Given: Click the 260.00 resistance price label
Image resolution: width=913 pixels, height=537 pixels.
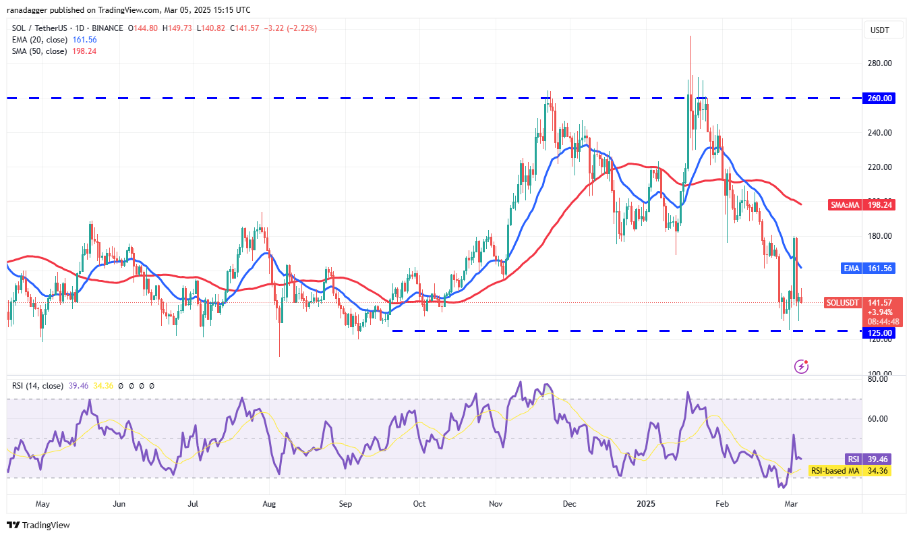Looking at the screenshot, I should (x=880, y=98).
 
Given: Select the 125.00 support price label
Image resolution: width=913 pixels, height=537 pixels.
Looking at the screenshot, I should (x=880, y=333).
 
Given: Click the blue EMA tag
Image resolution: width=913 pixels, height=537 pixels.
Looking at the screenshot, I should (x=851, y=268).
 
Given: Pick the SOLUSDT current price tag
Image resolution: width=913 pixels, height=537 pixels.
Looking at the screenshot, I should (x=843, y=303).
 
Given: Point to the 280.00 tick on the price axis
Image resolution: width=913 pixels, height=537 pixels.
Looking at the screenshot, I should (x=880, y=63).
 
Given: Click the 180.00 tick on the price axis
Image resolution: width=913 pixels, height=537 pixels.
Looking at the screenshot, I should (x=880, y=236).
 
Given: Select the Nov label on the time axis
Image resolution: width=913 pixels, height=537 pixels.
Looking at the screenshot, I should (x=496, y=503).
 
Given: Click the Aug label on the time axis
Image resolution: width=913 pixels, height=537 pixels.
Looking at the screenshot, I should (x=269, y=503).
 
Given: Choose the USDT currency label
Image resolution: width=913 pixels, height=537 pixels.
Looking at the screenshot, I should (x=880, y=30).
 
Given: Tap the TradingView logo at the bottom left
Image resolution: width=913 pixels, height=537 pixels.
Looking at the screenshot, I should (x=38, y=525).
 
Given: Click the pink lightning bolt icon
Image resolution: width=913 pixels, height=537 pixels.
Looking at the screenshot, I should (x=802, y=366).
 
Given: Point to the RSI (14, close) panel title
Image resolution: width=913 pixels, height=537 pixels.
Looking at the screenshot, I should (x=38, y=386).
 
